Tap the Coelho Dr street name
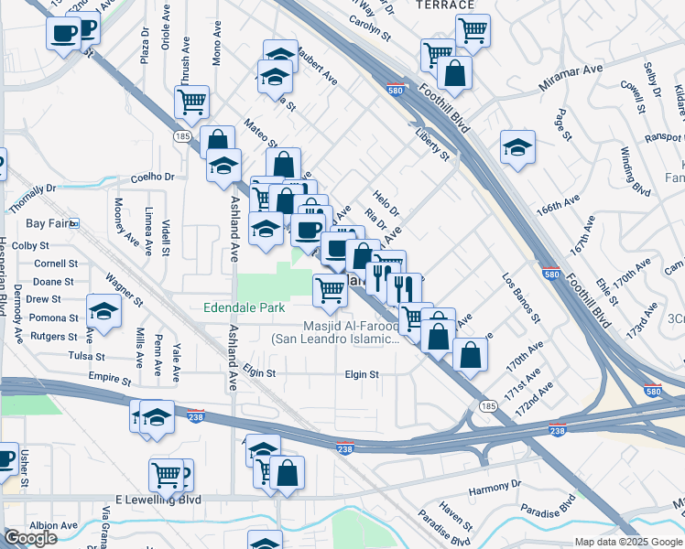(152, 177)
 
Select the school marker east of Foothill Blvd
(517, 146)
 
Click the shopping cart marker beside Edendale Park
(330, 290)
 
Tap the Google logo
(31, 538)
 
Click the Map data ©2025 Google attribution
(628, 542)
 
